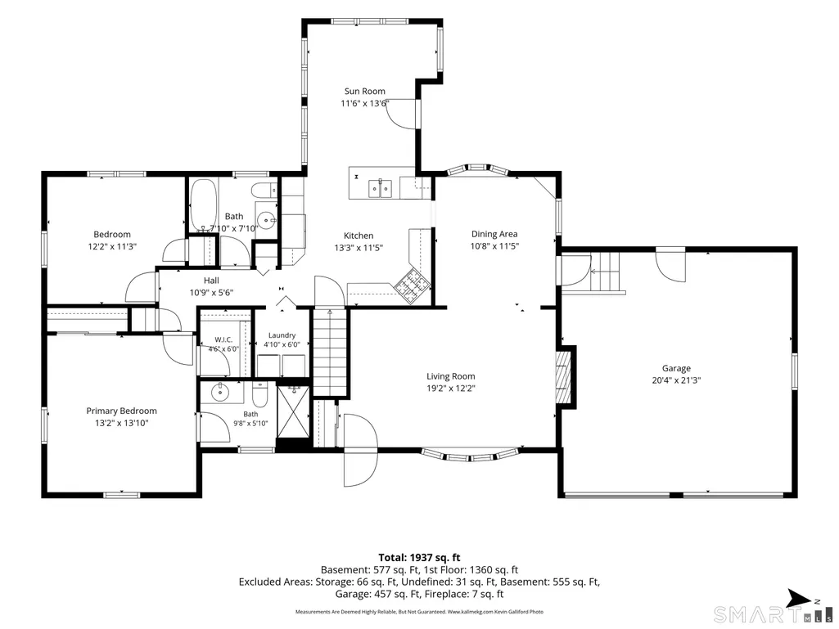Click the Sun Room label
(x=364, y=92)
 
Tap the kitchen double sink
(x=380, y=188)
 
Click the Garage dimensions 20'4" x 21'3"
(x=676, y=380)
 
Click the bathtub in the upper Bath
(x=203, y=204)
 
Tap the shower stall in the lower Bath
(x=293, y=411)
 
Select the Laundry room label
(x=282, y=335)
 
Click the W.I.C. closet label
(x=223, y=339)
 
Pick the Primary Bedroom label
(x=121, y=411)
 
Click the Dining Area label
(x=494, y=234)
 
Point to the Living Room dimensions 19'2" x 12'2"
(x=451, y=389)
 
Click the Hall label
(x=211, y=281)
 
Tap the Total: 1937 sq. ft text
(x=419, y=558)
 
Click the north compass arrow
(x=799, y=598)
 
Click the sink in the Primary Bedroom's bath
(x=219, y=393)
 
